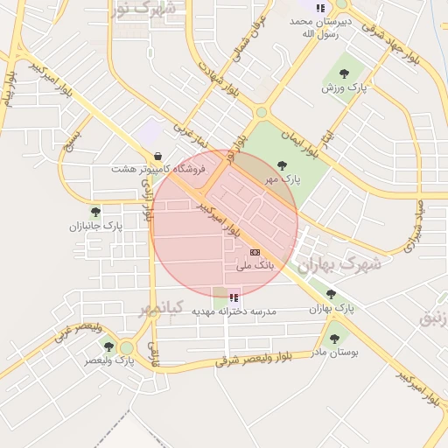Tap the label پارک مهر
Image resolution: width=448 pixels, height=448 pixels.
click(x=283, y=178)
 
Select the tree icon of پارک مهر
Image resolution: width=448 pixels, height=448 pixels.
click(x=282, y=164)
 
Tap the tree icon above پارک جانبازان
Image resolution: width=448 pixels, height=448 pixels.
click(x=95, y=212)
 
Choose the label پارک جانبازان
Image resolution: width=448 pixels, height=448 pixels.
click(x=97, y=226)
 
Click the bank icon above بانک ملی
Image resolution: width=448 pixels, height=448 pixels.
click(x=255, y=251)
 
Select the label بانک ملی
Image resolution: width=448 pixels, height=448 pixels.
click(x=255, y=263)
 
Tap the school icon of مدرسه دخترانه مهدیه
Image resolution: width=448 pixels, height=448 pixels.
click(x=233, y=297)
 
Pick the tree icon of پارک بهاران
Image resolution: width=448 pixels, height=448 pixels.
click(x=330, y=295)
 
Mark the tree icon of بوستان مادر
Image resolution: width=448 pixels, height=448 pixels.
click(x=333, y=338)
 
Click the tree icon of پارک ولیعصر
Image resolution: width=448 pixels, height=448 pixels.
click(x=108, y=346)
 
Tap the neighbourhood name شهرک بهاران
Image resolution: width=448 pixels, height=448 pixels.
click(x=339, y=263)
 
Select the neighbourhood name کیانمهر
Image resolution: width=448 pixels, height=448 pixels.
click(x=160, y=308)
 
